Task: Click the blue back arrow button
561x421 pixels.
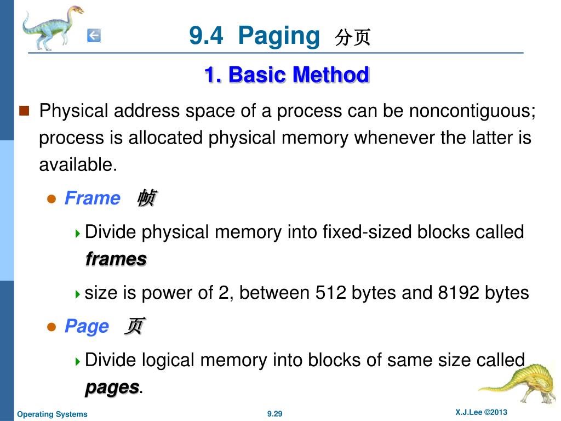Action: [x=94, y=36]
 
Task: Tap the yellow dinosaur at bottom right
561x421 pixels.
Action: [x=518, y=381]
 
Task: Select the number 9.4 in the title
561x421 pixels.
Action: [x=206, y=36]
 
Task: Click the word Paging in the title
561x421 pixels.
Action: [x=279, y=36]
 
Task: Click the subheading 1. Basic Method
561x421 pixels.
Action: [x=287, y=75]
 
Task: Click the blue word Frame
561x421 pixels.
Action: [x=92, y=198]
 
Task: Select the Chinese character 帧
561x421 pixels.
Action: [x=146, y=198]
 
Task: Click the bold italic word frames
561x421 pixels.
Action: [x=116, y=259]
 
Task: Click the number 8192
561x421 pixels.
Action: [x=459, y=293]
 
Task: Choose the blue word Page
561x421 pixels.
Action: [x=87, y=326]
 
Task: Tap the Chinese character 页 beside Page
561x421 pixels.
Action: [x=134, y=326]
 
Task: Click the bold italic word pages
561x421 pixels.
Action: [x=112, y=387]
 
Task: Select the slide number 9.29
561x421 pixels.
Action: [x=274, y=414]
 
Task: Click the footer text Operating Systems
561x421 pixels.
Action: [x=52, y=414]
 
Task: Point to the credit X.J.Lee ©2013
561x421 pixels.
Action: [x=481, y=412]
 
